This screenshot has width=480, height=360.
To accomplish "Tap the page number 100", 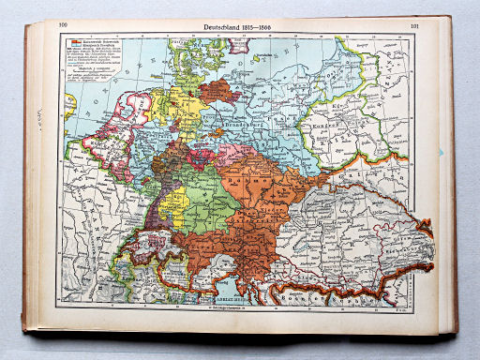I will [x=64, y=26].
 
